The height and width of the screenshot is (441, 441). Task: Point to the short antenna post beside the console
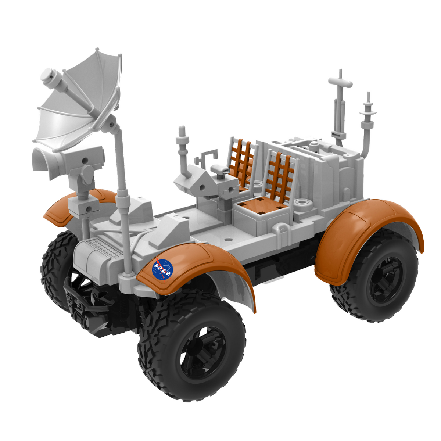[x=182, y=147]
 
